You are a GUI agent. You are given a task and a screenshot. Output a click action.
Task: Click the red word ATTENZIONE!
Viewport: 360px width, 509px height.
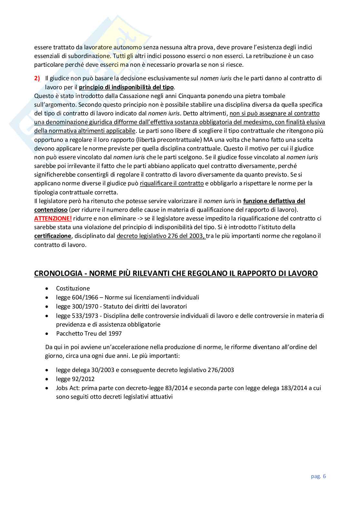[53, 219]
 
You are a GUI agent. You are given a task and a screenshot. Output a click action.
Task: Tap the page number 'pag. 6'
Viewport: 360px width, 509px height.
[318, 476]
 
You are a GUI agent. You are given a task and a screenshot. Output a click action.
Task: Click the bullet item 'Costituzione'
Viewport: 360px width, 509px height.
[73, 289]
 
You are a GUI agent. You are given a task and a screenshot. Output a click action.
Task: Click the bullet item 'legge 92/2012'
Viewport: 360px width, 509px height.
[75, 379]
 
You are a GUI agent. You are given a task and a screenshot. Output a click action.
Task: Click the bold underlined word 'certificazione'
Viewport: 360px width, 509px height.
[53, 236]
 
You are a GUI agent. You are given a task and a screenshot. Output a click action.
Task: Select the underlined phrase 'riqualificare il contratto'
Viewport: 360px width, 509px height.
[172, 183]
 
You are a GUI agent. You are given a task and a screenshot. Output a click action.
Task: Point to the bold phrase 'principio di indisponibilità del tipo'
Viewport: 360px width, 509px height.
[126, 87]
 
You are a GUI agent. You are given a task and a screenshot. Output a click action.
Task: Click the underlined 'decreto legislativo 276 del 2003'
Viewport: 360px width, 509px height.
[161, 236]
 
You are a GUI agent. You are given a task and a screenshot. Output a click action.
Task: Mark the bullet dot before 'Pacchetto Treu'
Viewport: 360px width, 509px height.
[48, 334]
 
